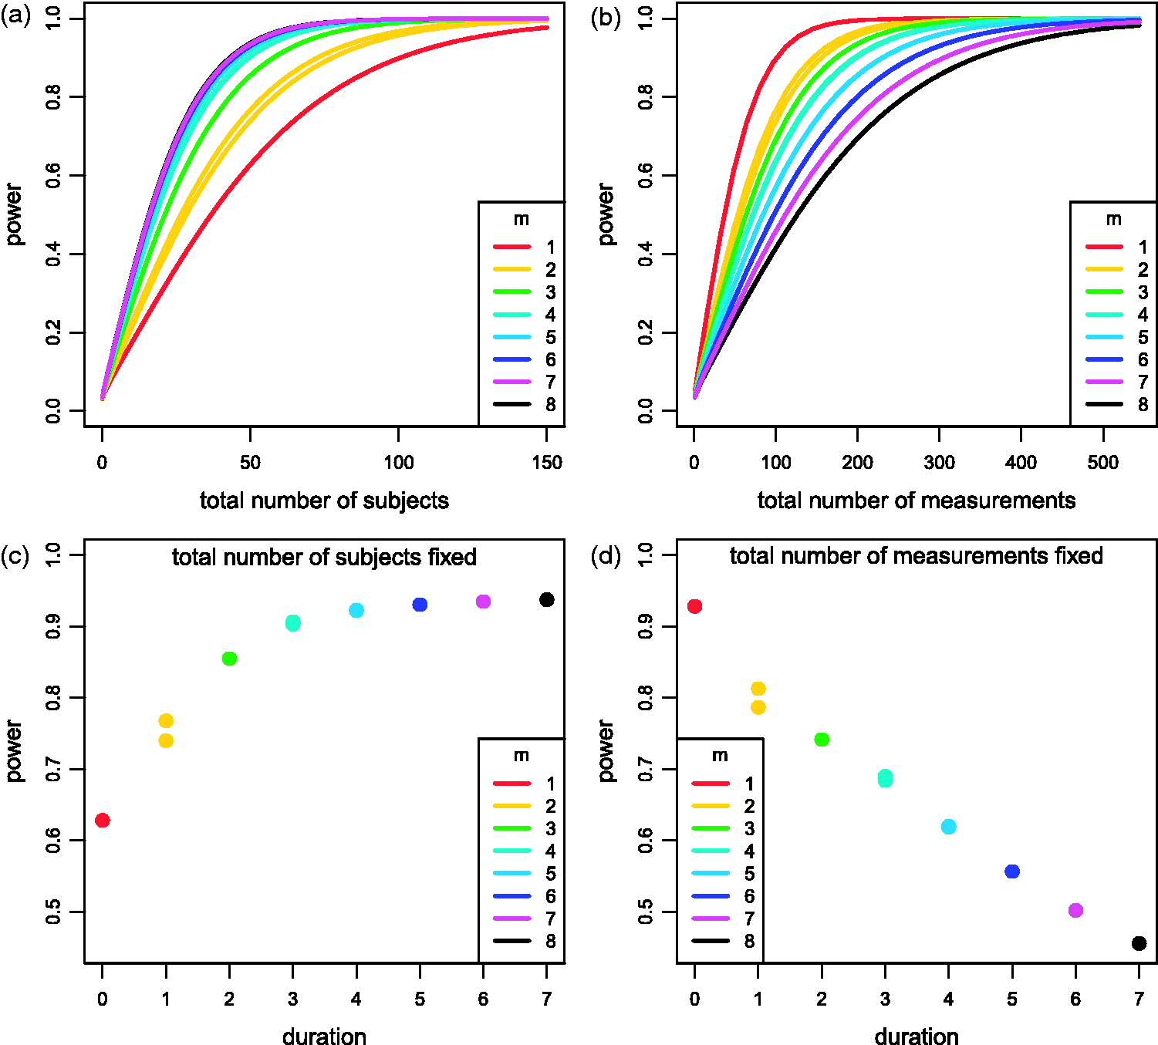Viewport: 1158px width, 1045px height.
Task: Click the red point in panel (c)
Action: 102,821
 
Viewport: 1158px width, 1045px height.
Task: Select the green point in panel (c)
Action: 229,659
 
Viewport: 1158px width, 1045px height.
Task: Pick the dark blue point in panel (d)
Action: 1012,871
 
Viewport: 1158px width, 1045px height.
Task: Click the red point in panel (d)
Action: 694,606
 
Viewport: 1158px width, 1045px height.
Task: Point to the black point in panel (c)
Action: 547,600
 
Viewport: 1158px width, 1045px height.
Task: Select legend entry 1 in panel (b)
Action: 1116,247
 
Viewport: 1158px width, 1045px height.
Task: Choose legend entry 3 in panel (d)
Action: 723,828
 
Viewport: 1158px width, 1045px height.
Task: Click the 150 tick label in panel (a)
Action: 547,463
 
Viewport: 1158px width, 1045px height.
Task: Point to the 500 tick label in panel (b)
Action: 1103,463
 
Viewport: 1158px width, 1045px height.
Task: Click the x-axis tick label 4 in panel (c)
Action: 356,999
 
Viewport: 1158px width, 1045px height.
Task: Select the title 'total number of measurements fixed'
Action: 916,556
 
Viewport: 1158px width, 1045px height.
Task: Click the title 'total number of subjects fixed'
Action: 325,557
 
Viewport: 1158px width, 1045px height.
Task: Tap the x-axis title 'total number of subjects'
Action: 325,501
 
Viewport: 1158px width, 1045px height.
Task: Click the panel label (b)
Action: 606,18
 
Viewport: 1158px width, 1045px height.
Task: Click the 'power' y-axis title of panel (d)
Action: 606,751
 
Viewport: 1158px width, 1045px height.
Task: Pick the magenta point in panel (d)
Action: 1075,911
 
